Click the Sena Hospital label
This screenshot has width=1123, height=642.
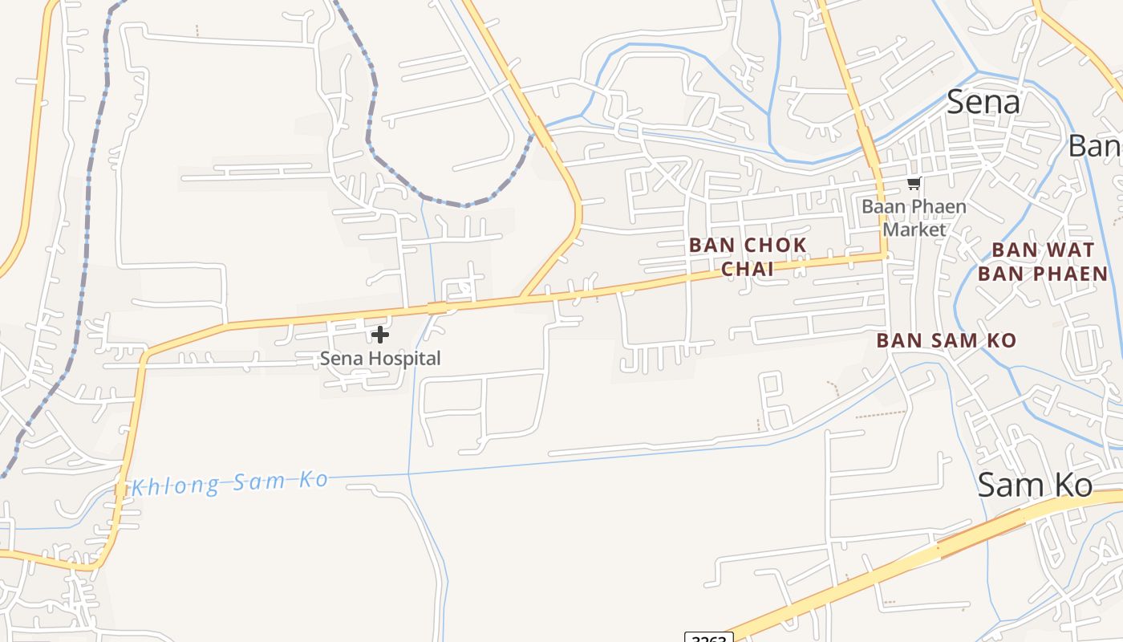(380, 359)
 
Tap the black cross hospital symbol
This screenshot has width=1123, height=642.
(380, 335)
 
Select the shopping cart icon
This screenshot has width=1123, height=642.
(914, 184)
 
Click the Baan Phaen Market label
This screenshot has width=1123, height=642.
(914, 217)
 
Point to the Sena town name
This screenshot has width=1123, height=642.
(983, 102)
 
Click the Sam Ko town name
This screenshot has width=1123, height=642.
(1035, 485)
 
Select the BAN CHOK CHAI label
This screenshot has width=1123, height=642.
(748, 257)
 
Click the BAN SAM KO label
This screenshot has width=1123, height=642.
(946, 340)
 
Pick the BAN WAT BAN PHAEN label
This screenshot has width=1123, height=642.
(1042, 262)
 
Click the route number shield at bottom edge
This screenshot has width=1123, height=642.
(709, 638)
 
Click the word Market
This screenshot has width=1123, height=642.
(914, 230)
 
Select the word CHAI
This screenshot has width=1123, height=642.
(748, 269)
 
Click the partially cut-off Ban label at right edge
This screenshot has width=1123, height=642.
(1096, 146)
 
